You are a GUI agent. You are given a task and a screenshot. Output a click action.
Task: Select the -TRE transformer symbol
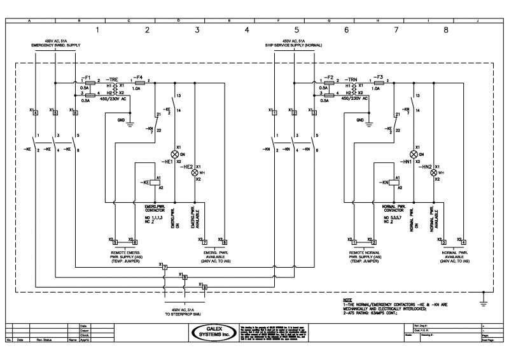pyautogui.click(x=109, y=89)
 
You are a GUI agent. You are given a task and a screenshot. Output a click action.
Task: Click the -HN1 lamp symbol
pyautogui.click(x=414, y=154)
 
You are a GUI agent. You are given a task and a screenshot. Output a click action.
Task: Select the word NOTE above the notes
pyautogui.click(x=347, y=300)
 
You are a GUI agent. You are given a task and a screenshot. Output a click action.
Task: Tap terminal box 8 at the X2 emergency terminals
pyautogui.click(x=224, y=242)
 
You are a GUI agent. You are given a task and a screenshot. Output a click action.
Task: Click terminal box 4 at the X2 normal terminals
pyautogui.click(x=463, y=242)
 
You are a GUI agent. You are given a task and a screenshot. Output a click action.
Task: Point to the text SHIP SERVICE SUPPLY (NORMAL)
pyautogui.click(x=295, y=46)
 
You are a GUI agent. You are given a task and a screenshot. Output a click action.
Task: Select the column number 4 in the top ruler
pyautogui.click(x=247, y=30)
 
